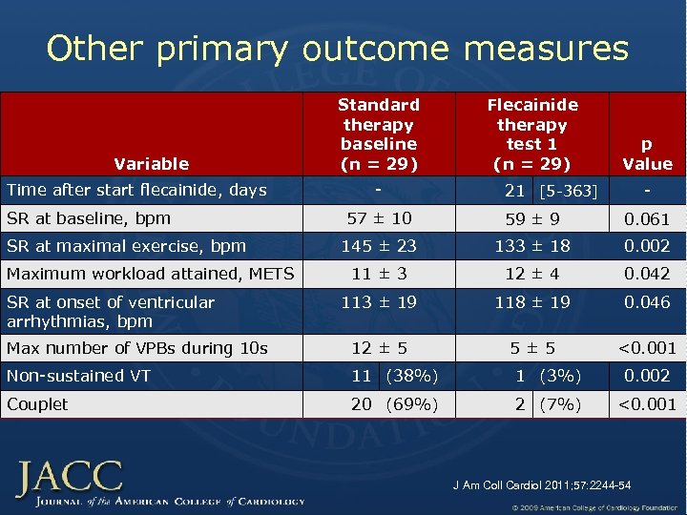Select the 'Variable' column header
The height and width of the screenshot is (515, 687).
(152, 164)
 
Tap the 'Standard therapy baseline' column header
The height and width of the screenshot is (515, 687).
(379, 134)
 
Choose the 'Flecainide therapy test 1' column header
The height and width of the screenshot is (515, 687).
(532, 134)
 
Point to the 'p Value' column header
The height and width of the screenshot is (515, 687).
(647, 154)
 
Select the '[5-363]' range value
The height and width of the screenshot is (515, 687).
(568, 192)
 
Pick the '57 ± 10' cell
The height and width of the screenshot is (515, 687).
(379, 218)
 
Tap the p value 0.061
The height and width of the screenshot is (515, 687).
(647, 219)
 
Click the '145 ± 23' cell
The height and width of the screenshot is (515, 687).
(379, 246)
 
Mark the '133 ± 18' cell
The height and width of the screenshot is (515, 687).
(532, 246)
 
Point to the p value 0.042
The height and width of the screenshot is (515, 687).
(647, 275)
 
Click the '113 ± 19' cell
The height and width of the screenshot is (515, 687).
(379, 302)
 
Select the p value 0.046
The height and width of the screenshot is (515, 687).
(647, 302)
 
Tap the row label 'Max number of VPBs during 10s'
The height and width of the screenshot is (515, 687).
(137, 348)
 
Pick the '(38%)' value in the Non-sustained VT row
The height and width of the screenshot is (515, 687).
(410, 376)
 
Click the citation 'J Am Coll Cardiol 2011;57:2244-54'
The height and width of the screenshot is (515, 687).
(541, 485)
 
